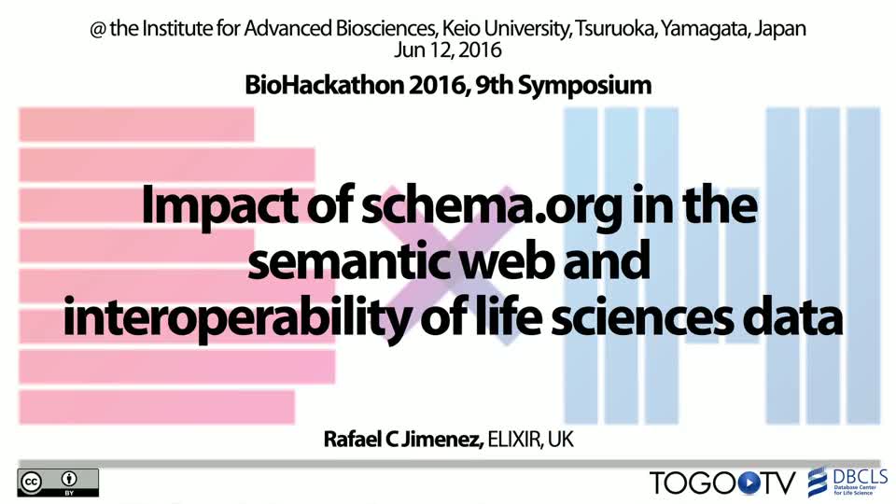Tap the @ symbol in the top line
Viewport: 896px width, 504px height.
tap(98, 29)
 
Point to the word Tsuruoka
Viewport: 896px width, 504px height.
tap(614, 28)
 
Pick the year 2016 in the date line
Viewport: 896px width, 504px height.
tap(480, 49)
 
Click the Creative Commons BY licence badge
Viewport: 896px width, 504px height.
tap(58, 483)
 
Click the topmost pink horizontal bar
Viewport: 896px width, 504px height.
tap(136, 124)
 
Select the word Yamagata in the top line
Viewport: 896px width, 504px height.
tap(704, 29)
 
